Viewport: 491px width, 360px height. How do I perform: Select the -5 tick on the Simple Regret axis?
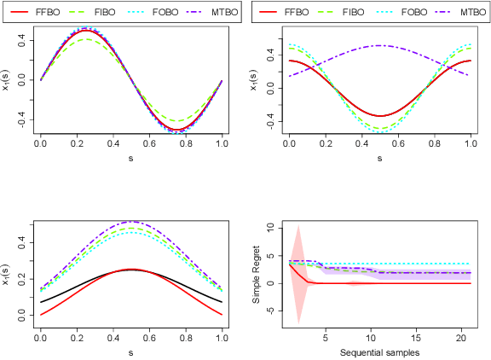point(270,311)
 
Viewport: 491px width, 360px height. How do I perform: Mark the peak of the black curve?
point(130,270)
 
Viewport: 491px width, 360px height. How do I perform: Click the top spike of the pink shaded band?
point(297,226)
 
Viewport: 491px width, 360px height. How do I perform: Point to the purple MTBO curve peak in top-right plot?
point(380,45)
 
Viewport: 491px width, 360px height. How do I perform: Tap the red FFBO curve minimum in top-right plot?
point(380,116)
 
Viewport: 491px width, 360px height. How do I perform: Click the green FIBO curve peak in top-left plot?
point(86,38)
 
